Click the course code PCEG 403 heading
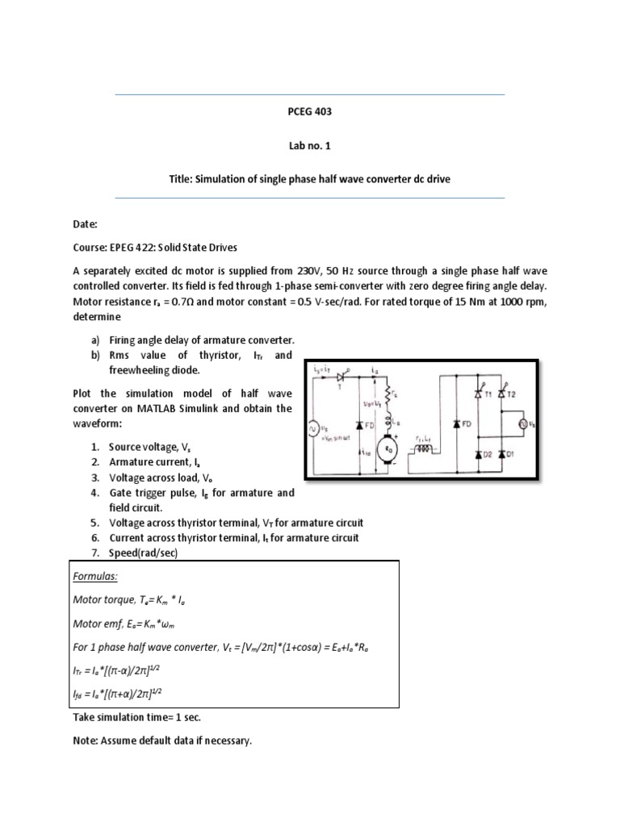(x=310, y=112)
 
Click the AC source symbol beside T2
(x=522, y=423)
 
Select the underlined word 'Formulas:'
(x=96, y=578)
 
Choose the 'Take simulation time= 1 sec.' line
(x=143, y=715)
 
